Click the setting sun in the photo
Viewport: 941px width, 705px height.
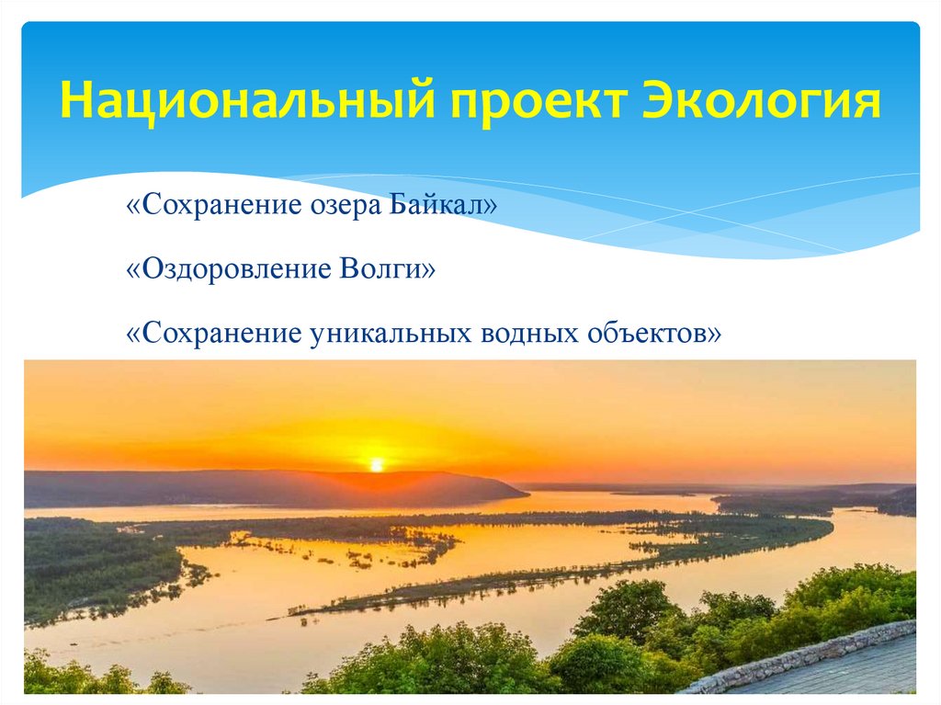coord(376,465)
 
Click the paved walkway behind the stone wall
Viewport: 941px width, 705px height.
coord(855,676)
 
